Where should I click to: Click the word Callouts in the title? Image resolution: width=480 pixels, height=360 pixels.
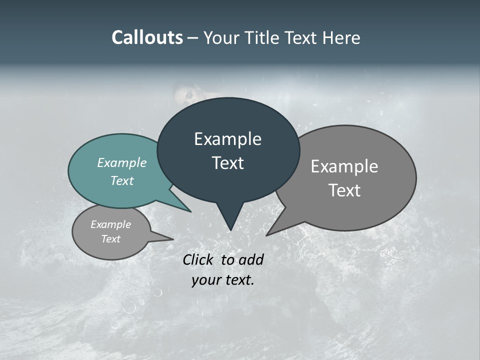click(147, 37)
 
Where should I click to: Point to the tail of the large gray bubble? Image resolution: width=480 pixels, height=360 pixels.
click(277, 227)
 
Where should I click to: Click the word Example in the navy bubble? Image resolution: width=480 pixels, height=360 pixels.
click(228, 139)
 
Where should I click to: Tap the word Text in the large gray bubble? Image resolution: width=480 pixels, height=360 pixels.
click(344, 190)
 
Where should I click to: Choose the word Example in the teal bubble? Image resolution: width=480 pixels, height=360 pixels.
click(122, 162)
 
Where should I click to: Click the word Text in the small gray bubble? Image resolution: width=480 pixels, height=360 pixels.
click(111, 239)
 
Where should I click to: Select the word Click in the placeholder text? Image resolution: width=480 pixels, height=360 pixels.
click(199, 259)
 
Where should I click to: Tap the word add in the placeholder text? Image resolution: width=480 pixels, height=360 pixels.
click(251, 259)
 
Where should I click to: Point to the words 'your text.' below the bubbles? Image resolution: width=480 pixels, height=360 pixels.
click(223, 280)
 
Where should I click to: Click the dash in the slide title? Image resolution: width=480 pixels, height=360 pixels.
click(193, 38)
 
